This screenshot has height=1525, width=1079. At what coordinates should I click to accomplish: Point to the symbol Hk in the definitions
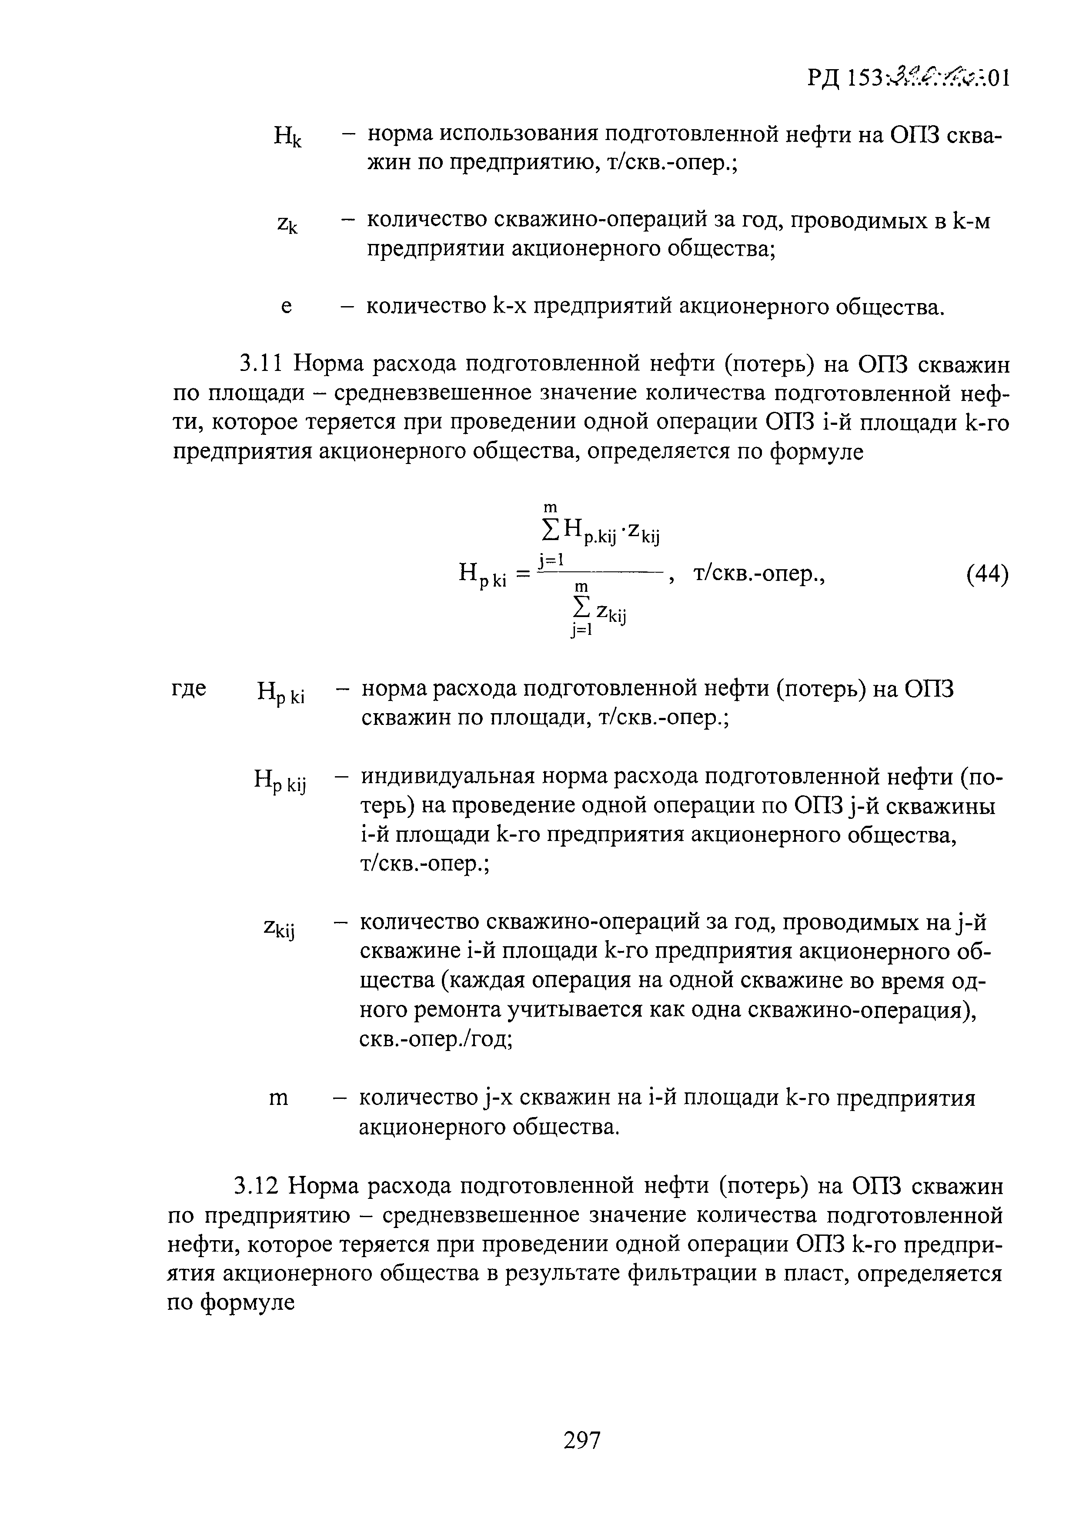tap(287, 137)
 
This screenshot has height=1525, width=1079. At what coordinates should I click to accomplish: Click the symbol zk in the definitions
tap(287, 224)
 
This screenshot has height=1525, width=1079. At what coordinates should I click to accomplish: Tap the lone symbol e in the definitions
tap(286, 307)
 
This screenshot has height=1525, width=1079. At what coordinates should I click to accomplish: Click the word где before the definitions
tap(189, 689)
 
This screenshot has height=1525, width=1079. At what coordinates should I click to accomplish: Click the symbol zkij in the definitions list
tap(279, 929)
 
